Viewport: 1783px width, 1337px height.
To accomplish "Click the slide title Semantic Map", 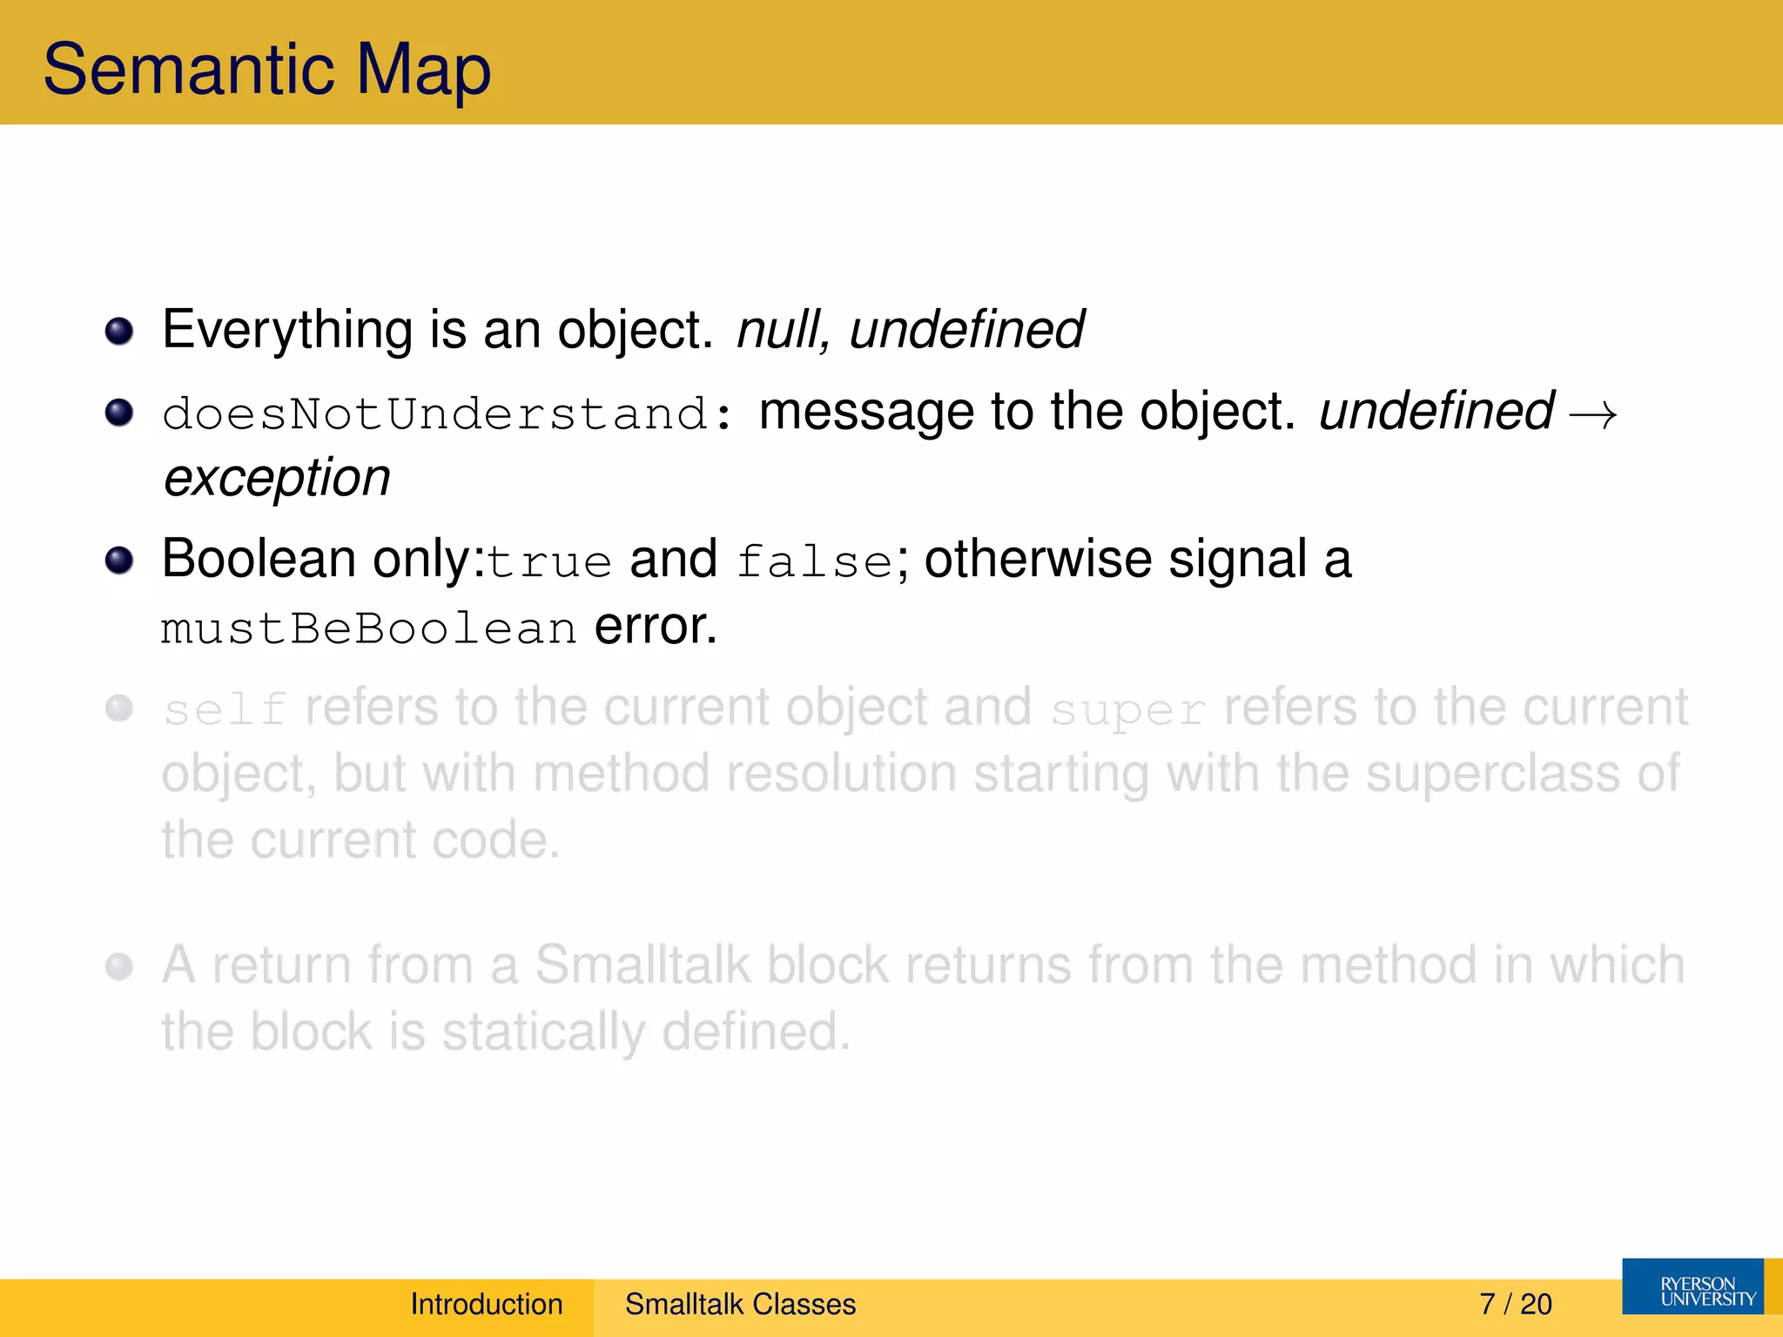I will click(x=266, y=70).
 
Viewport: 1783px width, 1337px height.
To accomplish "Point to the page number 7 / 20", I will click(x=1515, y=1304).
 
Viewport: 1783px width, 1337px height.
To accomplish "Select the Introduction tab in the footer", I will click(x=487, y=1304).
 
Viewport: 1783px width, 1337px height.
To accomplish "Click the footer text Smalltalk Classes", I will click(x=740, y=1304).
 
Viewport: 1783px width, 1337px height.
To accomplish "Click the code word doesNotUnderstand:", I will click(x=447, y=413).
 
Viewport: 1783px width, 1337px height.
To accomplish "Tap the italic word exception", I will click(x=277, y=478).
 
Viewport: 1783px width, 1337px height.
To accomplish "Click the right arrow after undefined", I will click(x=1592, y=414).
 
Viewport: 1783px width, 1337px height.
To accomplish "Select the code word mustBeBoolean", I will click(x=368, y=628).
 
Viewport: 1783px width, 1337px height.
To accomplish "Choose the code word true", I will click(x=549, y=561).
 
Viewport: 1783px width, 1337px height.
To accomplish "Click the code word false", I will click(x=814, y=561).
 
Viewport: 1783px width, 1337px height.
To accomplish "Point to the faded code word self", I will click(x=225, y=709).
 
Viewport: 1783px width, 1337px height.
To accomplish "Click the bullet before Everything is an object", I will click(x=119, y=332).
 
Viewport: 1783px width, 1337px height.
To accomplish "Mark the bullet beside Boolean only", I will click(x=119, y=561).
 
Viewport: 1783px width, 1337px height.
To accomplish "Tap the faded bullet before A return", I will click(x=119, y=966).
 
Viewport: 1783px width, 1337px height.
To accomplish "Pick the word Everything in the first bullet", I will click(x=287, y=330).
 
